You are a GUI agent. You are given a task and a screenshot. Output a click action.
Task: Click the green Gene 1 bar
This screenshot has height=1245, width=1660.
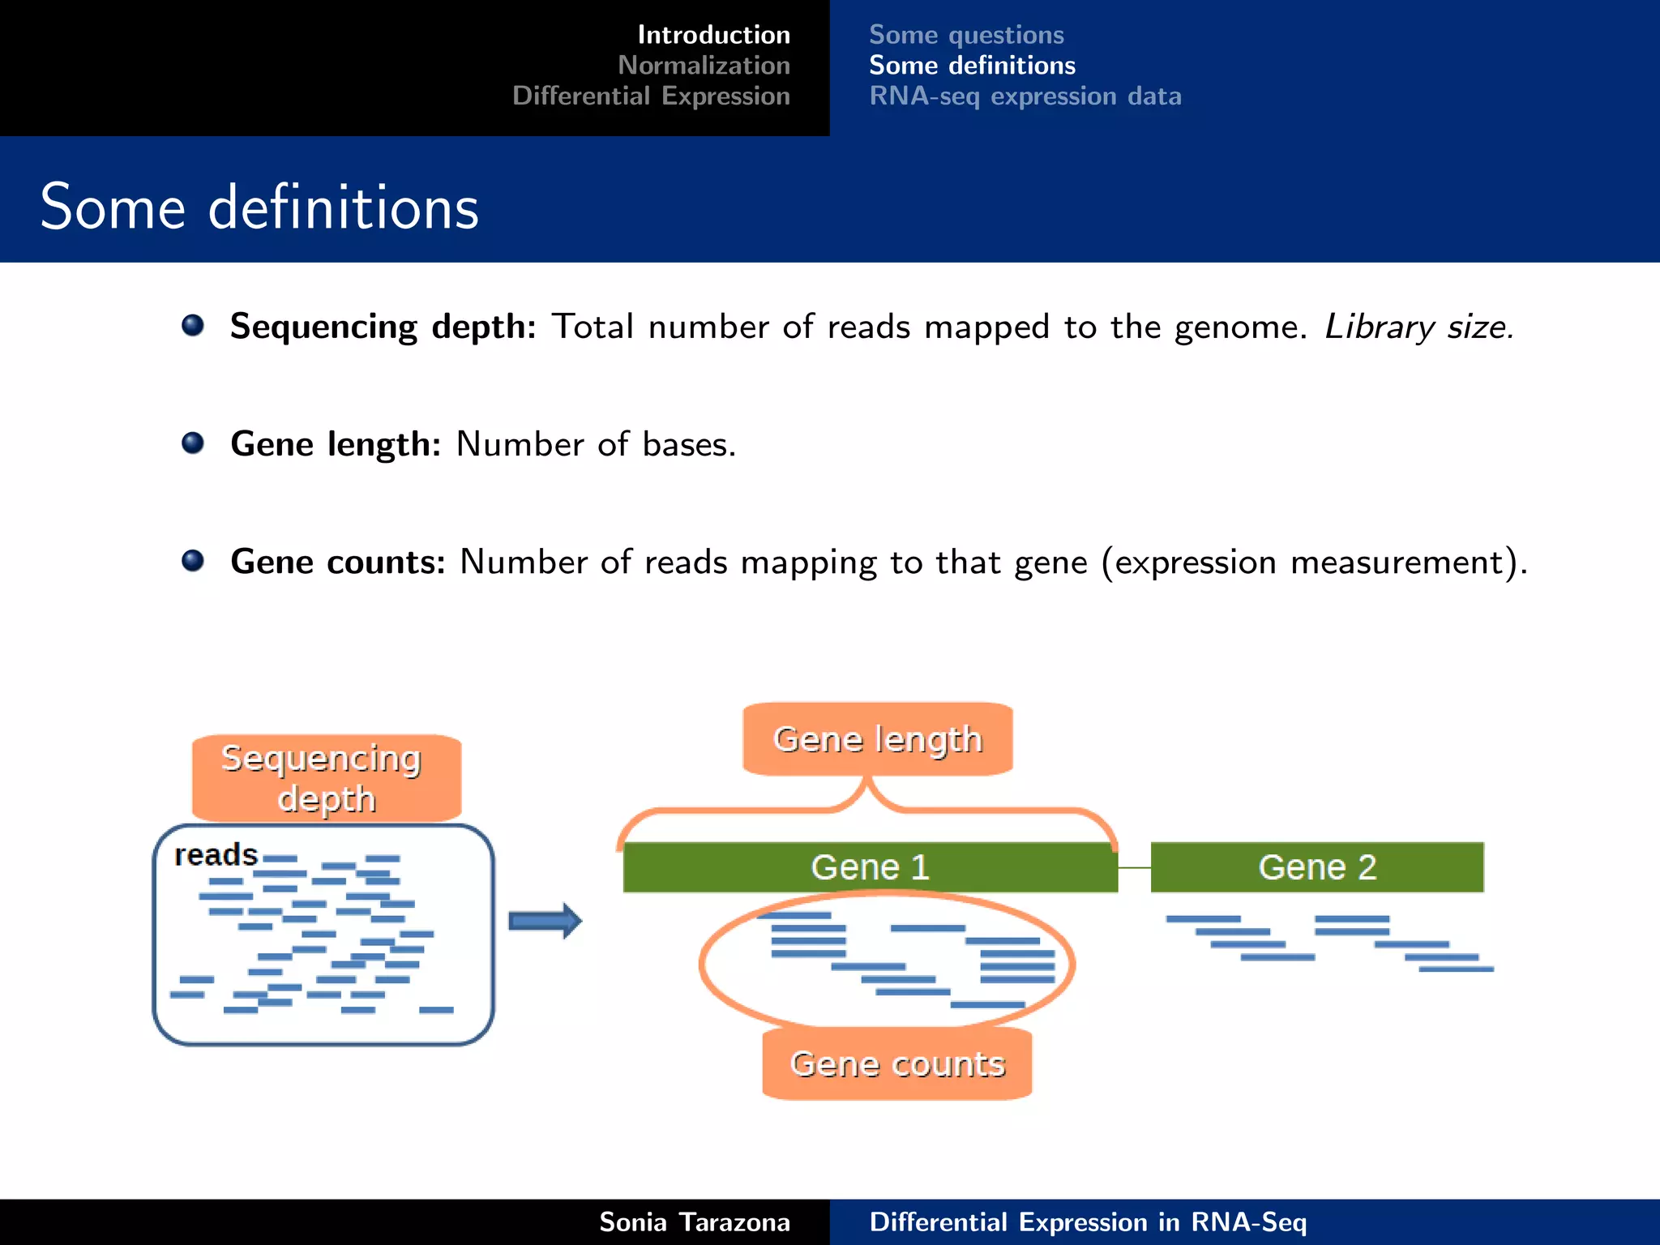click(870, 867)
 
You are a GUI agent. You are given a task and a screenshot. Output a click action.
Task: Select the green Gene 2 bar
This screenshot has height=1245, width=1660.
click(1317, 867)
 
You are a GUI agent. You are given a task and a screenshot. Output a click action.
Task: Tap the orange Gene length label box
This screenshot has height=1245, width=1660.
click(878, 739)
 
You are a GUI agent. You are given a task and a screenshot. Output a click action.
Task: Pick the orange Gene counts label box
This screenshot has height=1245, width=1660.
click(897, 1063)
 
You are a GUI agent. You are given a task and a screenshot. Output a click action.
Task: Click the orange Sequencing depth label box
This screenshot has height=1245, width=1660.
click(327, 778)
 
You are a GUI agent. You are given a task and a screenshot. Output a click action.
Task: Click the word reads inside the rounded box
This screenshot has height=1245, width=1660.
click(216, 855)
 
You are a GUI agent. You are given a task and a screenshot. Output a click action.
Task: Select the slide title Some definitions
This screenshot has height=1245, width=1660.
click(259, 207)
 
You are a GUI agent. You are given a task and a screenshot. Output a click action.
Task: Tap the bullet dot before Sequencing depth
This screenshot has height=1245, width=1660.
click(193, 326)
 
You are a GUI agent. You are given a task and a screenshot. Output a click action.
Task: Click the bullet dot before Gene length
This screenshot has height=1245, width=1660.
click(193, 443)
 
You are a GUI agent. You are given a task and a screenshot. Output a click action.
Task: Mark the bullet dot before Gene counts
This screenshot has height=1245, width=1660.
click(193, 561)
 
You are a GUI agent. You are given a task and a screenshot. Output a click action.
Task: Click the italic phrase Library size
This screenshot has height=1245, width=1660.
click(1418, 327)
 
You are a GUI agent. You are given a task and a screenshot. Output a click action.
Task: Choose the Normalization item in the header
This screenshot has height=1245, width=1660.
click(704, 65)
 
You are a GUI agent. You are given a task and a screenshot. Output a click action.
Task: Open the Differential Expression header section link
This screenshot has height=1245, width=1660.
click(651, 96)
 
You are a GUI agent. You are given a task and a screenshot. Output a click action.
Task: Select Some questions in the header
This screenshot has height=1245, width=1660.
click(966, 35)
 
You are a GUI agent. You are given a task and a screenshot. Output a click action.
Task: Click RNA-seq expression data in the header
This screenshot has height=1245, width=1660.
click(1025, 96)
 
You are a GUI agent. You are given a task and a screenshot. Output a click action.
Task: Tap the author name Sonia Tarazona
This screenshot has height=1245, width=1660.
click(695, 1221)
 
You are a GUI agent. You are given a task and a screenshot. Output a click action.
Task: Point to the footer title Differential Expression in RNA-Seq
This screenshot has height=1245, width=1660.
click(1088, 1221)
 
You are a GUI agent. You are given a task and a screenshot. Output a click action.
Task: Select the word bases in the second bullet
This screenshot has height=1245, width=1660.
click(688, 444)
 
